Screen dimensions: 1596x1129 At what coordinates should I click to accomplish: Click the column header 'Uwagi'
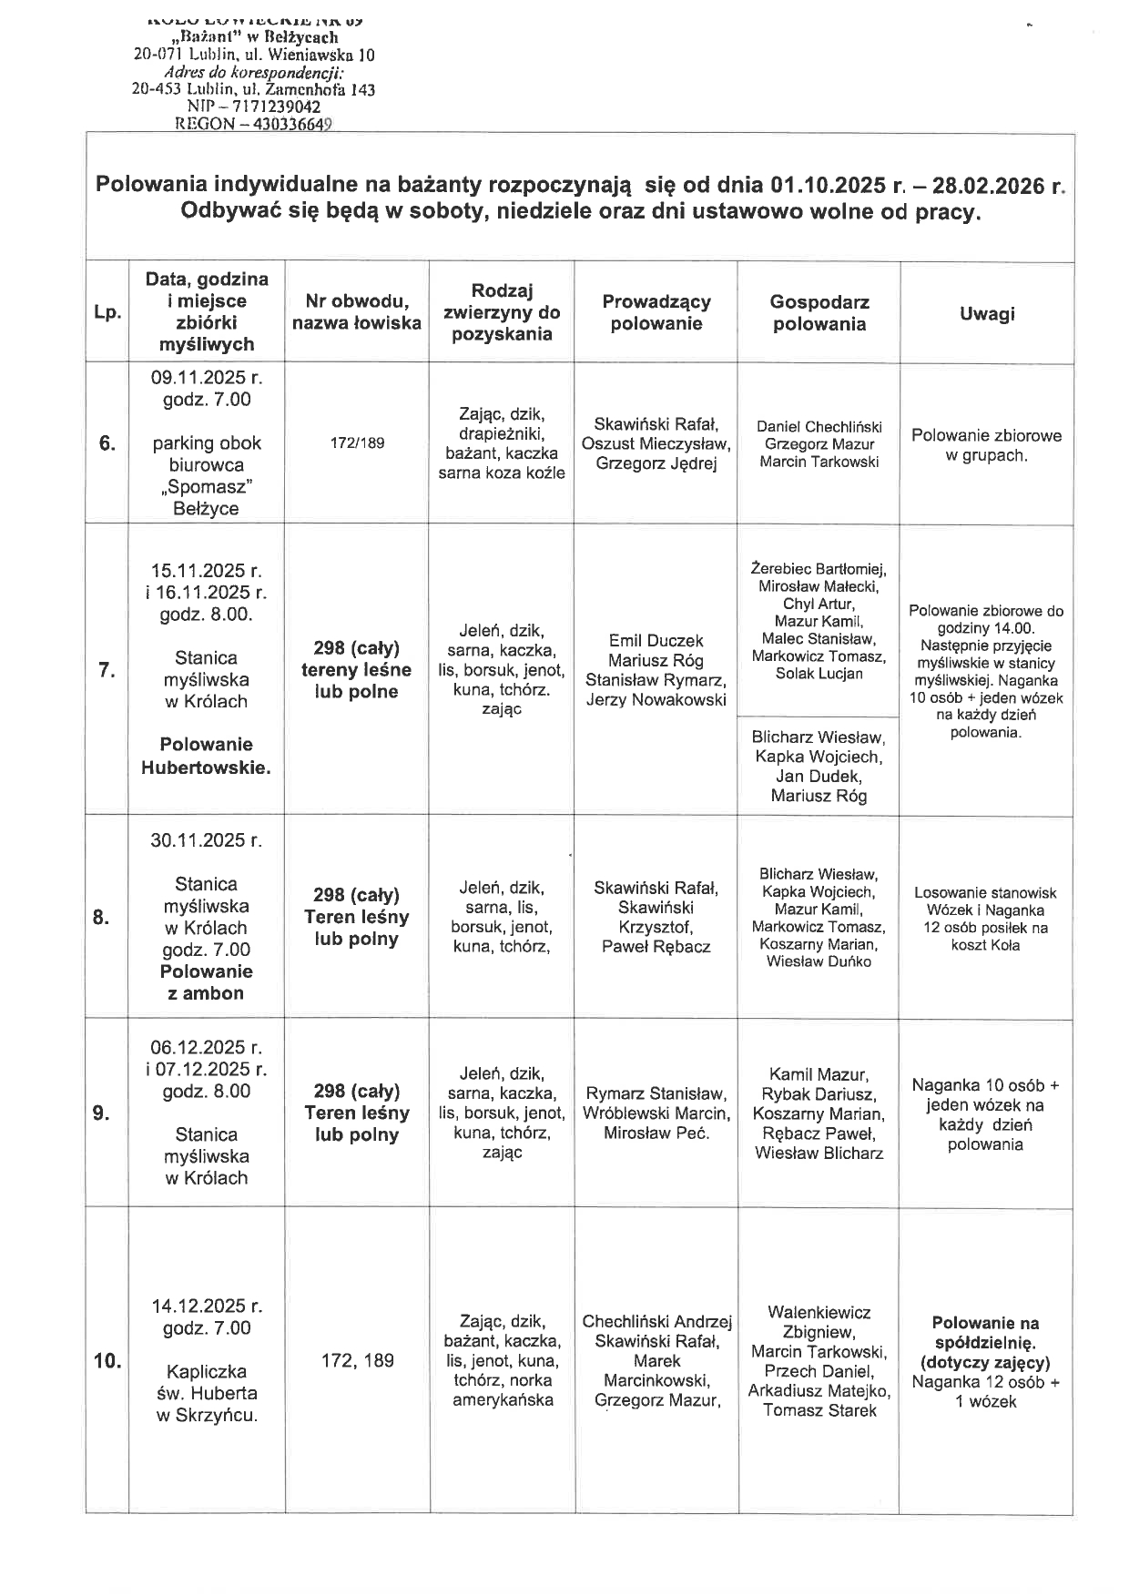tap(986, 313)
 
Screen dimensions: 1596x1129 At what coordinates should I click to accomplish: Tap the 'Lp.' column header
tap(107, 313)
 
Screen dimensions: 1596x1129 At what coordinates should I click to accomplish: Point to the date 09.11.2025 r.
tap(207, 377)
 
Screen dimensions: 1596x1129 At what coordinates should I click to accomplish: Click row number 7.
tap(107, 670)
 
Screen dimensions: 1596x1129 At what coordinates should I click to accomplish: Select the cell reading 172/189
tap(356, 442)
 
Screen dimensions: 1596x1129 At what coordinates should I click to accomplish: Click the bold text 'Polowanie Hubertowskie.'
tap(206, 756)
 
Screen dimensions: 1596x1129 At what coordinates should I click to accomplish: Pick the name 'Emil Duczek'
tap(656, 640)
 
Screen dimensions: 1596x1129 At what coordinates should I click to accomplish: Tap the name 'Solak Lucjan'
tap(819, 674)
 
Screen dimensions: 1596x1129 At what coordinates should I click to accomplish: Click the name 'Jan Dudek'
tap(819, 776)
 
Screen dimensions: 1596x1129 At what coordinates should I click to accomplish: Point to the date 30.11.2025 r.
tap(206, 839)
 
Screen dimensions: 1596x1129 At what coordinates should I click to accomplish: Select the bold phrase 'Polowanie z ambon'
tap(206, 982)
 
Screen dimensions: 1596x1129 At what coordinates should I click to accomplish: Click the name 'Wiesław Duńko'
tap(819, 961)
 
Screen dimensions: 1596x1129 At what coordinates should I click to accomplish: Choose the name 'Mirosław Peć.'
tap(656, 1133)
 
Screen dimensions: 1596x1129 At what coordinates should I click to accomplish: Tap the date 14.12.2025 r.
tap(206, 1306)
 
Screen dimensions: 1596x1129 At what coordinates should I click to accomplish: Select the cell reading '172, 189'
tap(357, 1360)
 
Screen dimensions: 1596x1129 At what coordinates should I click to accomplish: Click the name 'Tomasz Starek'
tap(819, 1410)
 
